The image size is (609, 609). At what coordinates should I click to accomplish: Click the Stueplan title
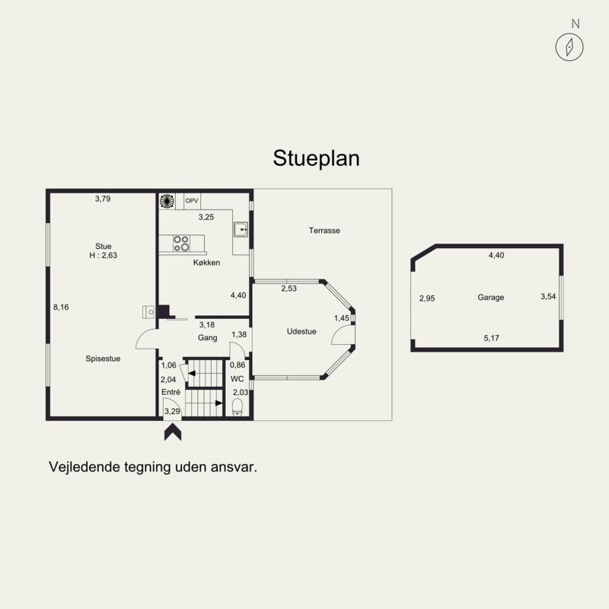point(316,158)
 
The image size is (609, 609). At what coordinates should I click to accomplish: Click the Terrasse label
point(324,230)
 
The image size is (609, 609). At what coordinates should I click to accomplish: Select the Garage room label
point(491,298)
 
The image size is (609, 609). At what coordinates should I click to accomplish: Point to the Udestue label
point(301,331)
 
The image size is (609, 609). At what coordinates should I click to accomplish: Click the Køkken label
point(206,263)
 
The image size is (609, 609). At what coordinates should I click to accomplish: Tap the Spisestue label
point(104,358)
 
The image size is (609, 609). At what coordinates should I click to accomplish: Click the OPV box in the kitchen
point(192,201)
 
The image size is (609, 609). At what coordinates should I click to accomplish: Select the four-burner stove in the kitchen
point(181,244)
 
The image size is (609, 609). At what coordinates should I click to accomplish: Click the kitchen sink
point(241,228)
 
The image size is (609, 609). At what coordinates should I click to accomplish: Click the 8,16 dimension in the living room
point(61,308)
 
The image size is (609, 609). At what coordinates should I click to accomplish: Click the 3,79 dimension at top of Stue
point(104,199)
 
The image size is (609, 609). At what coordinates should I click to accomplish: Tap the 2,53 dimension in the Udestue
point(289,289)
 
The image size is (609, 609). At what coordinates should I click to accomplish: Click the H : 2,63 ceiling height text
point(104,256)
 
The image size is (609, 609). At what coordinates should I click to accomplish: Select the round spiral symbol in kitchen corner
point(167,202)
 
